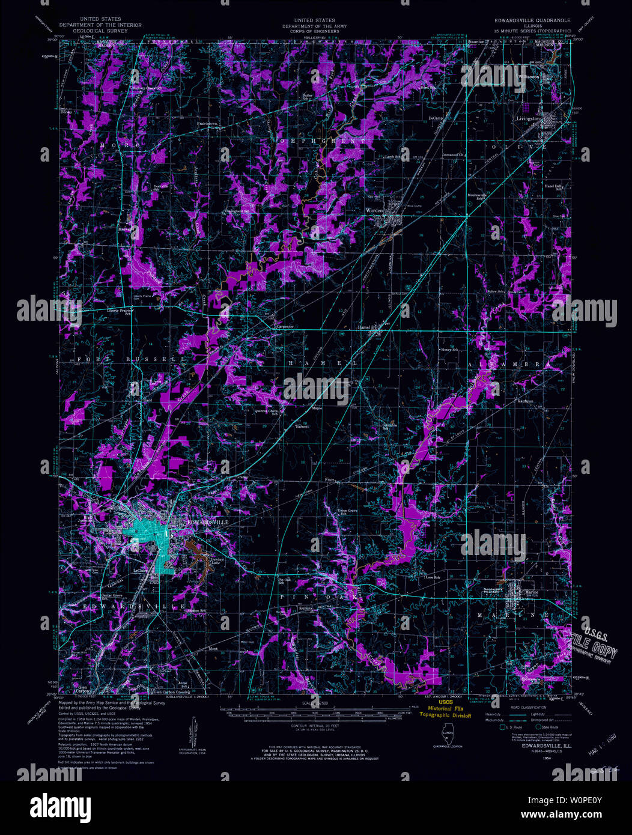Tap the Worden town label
click(x=374, y=210)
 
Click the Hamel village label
click(x=364, y=327)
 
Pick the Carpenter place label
click(x=284, y=327)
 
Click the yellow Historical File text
click(x=445, y=709)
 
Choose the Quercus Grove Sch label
click(x=268, y=413)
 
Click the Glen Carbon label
click(x=82, y=688)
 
